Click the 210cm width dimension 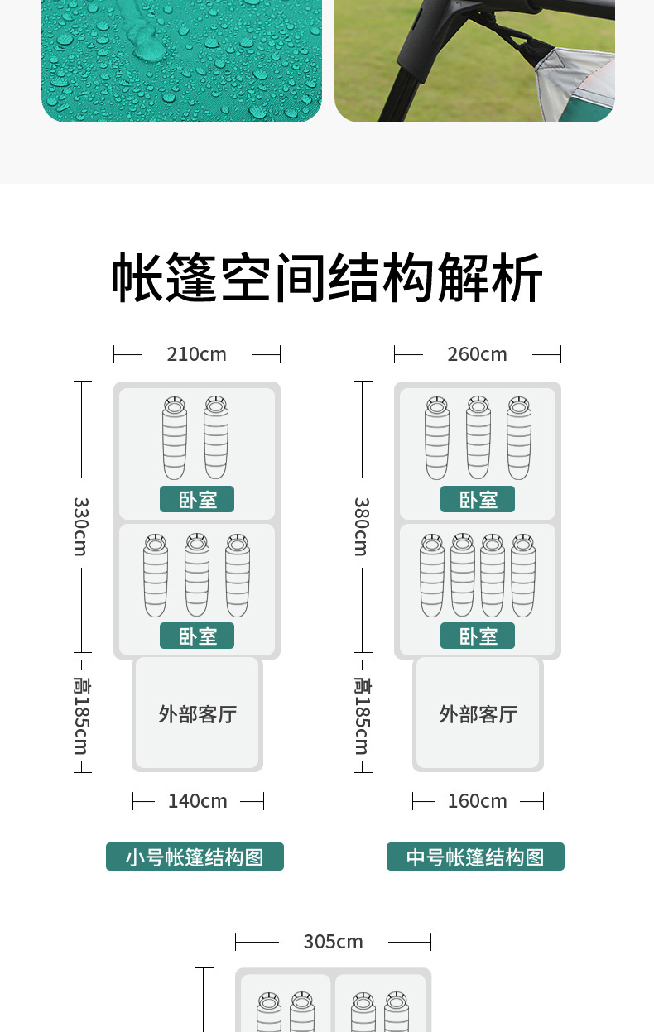(x=196, y=354)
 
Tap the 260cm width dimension (x=477, y=354)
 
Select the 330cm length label (x=80, y=526)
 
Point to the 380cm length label (x=361, y=526)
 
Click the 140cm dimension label (x=198, y=801)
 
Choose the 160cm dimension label (x=478, y=801)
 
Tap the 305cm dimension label (x=333, y=942)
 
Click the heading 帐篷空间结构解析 (x=327, y=278)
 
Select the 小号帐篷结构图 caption (x=195, y=857)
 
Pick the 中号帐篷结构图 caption (x=475, y=857)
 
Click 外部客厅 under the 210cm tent (x=198, y=713)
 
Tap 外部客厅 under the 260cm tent (x=478, y=713)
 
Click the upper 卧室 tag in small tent (x=197, y=500)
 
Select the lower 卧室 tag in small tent (x=197, y=636)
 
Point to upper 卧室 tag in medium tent (x=478, y=500)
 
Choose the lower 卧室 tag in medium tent (x=478, y=636)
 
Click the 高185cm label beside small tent (x=80, y=716)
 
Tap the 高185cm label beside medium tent (x=361, y=716)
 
